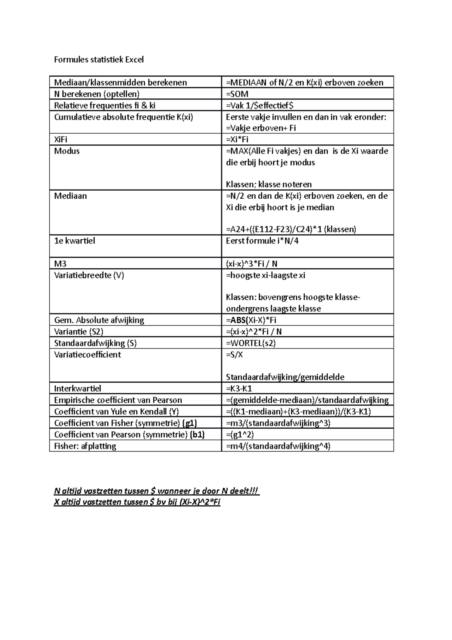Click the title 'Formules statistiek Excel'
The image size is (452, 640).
[x=99, y=60]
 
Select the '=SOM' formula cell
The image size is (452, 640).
[x=237, y=94]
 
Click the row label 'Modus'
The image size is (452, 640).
[x=67, y=151]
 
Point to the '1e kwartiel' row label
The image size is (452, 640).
[x=74, y=241]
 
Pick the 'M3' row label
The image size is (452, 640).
[x=60, y=264]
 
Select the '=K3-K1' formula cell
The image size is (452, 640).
[x=239, y=389]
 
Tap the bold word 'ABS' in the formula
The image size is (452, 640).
[x=237, y=320]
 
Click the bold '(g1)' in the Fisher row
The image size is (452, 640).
[x=189, y=423]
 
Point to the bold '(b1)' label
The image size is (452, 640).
[x=197, y=435]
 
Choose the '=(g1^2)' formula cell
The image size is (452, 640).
[x=240, y=435]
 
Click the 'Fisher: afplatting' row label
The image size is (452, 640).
[x=85, y=446]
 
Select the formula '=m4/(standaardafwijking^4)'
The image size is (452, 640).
[x=278, y=446]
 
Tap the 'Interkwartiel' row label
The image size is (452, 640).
[x=78, y=389]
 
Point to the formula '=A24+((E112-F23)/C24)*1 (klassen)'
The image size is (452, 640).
[x=291, y=230]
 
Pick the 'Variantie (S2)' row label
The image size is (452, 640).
[x=79, y=332]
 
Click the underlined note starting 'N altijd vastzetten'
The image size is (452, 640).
[x=157, y=491]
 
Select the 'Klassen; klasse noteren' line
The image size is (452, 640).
[x=269, y=184]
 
